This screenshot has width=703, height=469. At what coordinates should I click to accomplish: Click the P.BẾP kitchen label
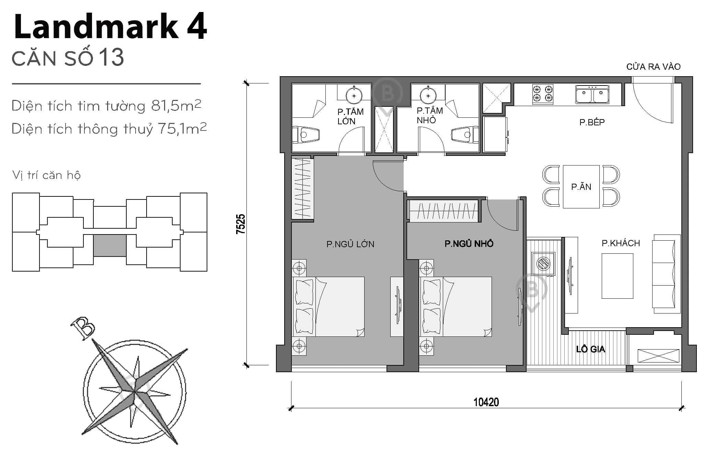click(592, 122)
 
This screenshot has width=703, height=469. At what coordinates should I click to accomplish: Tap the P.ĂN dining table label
click(581, 187)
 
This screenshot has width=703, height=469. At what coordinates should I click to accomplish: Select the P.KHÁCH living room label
click(621, 243)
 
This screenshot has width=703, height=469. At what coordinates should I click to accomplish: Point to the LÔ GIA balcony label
click(590, 349)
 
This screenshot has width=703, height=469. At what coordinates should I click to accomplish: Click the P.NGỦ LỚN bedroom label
click(350, 244)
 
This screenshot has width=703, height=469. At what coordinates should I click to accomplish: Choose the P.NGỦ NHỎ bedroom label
click(469, 244)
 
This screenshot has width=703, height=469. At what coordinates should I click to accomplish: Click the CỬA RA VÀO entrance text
click(653, 67)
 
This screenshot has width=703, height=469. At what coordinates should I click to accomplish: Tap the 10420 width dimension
click(486, 402)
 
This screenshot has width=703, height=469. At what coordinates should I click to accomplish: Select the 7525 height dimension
click(241, 224)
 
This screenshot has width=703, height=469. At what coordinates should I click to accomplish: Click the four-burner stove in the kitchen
click(543, 94)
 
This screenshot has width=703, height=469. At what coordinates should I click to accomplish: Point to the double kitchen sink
click(590, 94)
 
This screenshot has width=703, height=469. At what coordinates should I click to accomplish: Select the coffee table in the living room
click(617, 276)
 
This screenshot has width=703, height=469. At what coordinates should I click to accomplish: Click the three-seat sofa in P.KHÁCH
click(666, 274)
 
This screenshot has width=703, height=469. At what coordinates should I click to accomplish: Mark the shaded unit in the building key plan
click(110, 245)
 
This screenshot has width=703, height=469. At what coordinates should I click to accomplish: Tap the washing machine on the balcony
click(543, 264)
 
